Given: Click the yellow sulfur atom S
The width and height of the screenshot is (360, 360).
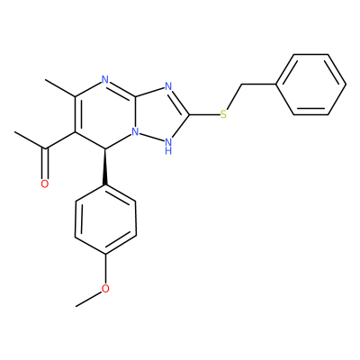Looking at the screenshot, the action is click(x=223, y=114).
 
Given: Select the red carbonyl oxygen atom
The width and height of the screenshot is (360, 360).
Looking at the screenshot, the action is click(x=45, y=184).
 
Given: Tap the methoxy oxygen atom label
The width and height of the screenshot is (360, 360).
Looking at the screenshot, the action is click(x=105, y=289).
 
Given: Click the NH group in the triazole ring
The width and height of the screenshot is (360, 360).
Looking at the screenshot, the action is click(x=168, y=145).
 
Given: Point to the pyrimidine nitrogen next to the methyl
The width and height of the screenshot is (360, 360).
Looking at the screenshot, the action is click(x=104, y=80).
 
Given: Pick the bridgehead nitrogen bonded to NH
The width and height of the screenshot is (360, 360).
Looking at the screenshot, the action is click(x=136, y=131).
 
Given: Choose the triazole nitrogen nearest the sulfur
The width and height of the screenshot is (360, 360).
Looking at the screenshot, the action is click(x=168, y=87).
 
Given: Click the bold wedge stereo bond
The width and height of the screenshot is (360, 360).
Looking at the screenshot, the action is click(x=105, y=166).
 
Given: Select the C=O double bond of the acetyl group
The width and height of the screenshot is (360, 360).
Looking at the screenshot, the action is click(x=45, y=164).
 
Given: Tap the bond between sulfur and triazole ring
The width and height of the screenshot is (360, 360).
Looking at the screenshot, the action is click(x=204, y=114).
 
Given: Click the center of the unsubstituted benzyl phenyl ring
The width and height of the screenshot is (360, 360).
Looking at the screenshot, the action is click(x=310, y=85).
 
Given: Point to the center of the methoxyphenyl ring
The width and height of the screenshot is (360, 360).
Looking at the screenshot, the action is click(x=105, y=220).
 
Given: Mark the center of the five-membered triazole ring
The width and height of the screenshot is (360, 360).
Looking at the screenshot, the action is click(x=164, y=114).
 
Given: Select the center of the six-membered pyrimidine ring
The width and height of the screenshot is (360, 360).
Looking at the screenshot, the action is click(x=105, y=114).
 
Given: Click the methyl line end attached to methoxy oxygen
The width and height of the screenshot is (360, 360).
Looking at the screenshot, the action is click(x=76, y=306).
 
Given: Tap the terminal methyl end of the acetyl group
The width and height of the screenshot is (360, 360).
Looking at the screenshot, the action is click(x=14, y=131).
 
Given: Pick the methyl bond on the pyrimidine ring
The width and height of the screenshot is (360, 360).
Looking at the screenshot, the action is click(x=60, y=88).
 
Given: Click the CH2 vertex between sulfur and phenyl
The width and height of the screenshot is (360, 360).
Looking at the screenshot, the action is click(x=241, y=85).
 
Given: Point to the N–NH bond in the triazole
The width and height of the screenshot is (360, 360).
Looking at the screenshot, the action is click(x=150, y=136).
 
